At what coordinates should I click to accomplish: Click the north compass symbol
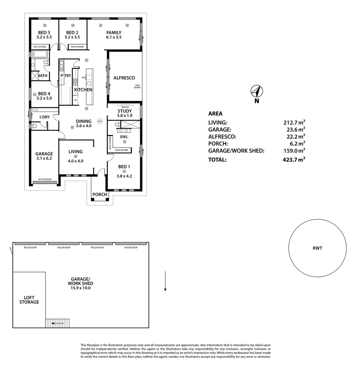256,92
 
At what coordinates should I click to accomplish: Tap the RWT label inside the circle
317,248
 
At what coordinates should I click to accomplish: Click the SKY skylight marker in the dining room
99,121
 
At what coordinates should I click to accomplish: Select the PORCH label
100,195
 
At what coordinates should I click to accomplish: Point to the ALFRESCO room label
124,78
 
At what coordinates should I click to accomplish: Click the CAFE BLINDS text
137,86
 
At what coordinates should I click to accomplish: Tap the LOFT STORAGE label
29,300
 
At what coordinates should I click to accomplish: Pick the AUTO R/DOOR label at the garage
45,179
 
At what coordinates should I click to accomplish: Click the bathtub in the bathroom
40,54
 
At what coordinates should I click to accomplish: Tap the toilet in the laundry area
34,126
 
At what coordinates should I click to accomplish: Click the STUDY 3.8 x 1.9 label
124,113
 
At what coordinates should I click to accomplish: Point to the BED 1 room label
124,167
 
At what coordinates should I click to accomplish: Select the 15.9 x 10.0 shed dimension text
80,288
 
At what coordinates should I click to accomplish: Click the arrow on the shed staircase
58,323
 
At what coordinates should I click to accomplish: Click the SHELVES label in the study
124,107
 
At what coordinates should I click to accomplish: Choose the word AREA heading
215,114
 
